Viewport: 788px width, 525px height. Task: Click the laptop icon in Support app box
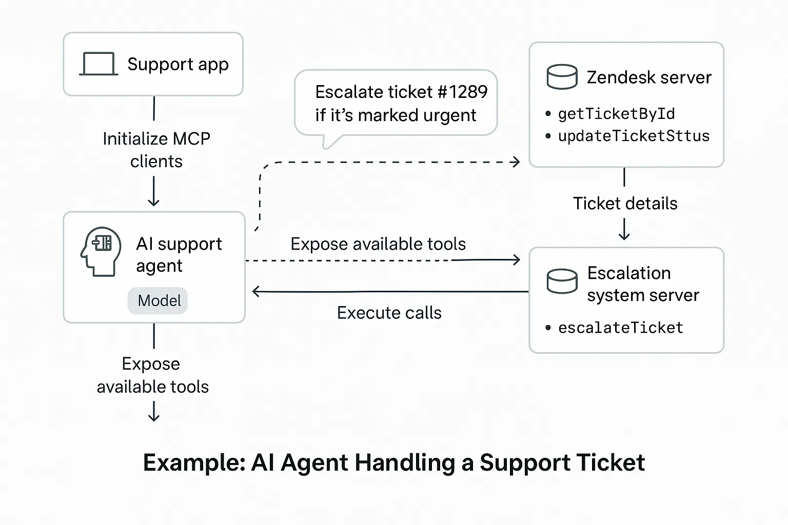click(98, 65)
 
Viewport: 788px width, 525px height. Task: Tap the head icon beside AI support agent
click(101, 252)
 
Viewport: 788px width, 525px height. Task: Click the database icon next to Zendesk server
click(562, 77)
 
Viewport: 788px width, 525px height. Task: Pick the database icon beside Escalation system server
click(562, 281)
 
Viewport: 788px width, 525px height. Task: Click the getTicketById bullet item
click(616, 114)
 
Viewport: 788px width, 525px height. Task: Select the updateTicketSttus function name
click(634, 136)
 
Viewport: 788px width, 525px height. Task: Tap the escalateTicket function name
click(620, 328)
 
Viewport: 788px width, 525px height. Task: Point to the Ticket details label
click(625, 204)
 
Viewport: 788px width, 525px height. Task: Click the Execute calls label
click(389, 313)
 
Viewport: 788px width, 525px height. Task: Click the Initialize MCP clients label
click(156, 150)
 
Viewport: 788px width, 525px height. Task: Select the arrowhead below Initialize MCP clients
click(153, 202)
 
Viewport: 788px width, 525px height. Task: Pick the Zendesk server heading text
click(648, 77)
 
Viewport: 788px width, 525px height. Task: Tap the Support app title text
click(178, 65)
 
